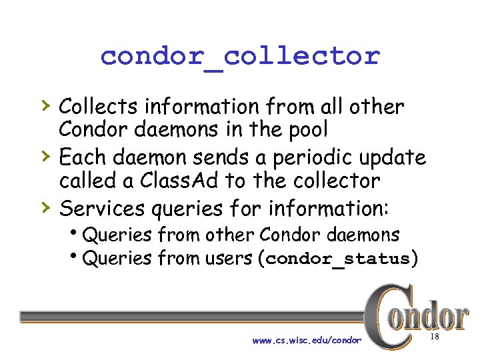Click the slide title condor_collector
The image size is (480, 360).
click(x=240, y=56)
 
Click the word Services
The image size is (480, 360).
click(x=103, y=209)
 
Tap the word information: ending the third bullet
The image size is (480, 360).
click(x=327, y=209)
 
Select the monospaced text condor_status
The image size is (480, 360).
click(x=337, y=259)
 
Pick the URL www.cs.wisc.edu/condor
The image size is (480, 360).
click(x=307, y=341)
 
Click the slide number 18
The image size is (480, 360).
click(x=434, y=338)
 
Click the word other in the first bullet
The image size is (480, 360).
click(x=378, y=107)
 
